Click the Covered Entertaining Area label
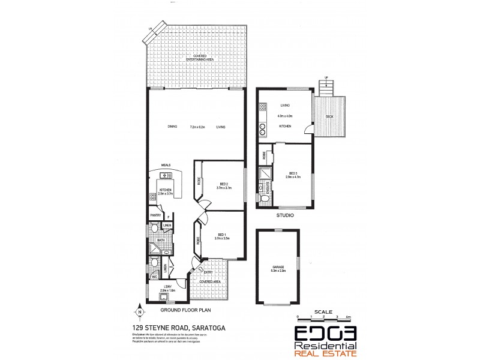(x=196, y=58)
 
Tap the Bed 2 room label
(x=222, y=184)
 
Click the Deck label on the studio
(x=329, y=116)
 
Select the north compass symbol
(x=139, y=311)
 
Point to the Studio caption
(x=284, y=214)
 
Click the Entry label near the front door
(x=207, y=271)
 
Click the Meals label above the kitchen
(x=166, y=166)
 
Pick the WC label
(x=154, y=277)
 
